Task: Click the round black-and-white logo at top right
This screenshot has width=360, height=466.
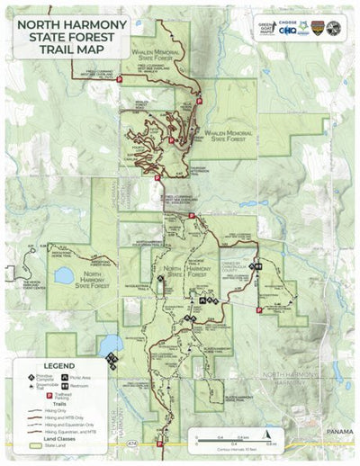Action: point(333,28)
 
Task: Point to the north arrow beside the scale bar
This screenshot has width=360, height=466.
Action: point(192,441)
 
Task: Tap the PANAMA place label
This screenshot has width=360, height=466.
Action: point(340,432)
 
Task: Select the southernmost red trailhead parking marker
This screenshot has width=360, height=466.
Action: point(161,443)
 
